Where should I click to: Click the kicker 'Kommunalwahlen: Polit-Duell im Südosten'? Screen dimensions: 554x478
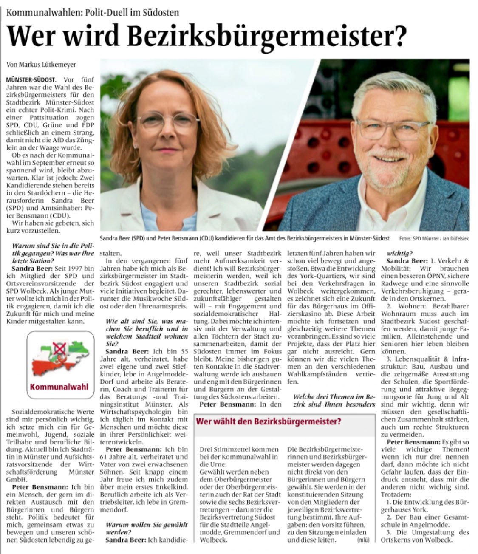93,12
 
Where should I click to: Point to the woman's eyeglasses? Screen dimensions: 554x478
168,121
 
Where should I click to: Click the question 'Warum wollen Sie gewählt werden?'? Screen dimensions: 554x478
146,529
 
